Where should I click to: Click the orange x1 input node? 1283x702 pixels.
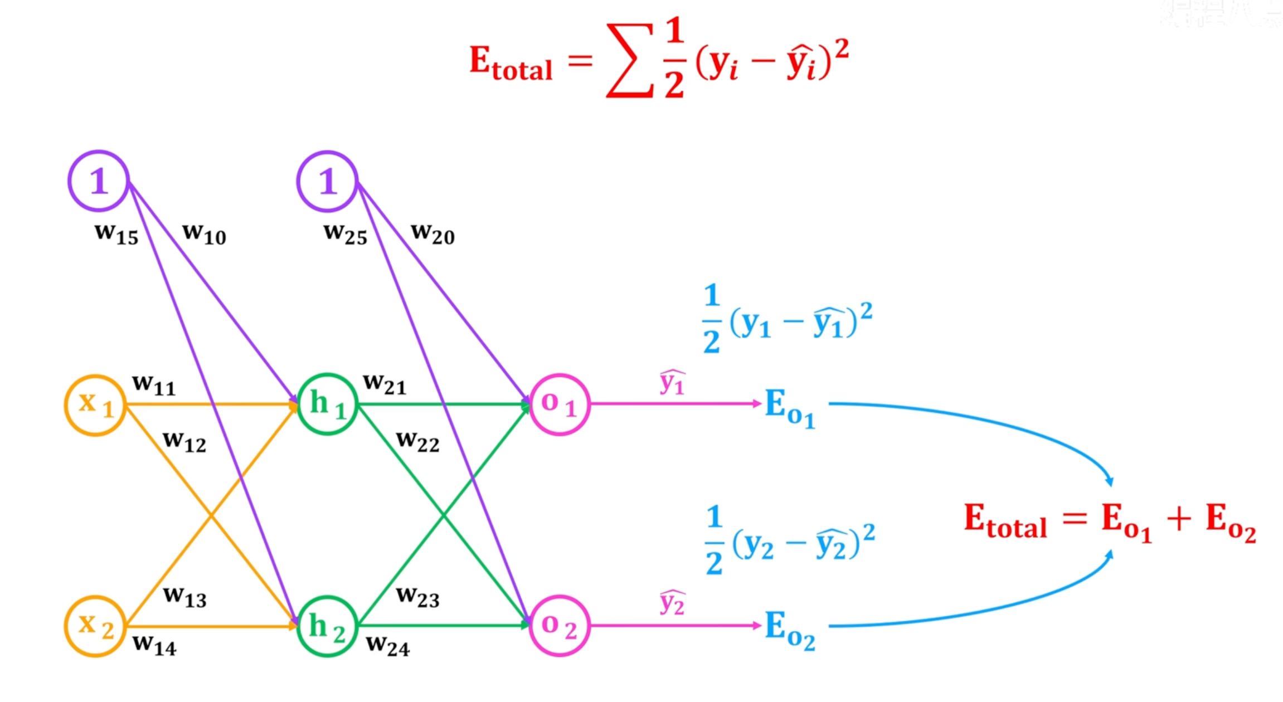point(95,405)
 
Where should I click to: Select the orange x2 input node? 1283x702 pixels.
point(95,626)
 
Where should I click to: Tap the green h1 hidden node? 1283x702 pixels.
point(328,404)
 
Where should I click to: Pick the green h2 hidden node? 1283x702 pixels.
point(328,626)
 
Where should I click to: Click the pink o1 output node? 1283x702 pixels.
point(559,404)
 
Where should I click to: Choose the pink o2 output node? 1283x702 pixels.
point(559,626)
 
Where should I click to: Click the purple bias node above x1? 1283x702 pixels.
point(99,181)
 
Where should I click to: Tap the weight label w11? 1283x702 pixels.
point(154,385)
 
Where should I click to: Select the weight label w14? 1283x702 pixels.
point(154,645)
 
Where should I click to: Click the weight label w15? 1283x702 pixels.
point(116,233)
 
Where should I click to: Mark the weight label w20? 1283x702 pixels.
point(432,233)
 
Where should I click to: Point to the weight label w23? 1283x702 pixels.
point(418,597)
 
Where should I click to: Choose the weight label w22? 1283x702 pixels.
point(418,442)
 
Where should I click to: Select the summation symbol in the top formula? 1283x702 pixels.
point(630,60)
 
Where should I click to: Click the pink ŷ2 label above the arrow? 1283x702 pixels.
point(672,602)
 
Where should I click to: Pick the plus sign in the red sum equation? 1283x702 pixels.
point(1179,519)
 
